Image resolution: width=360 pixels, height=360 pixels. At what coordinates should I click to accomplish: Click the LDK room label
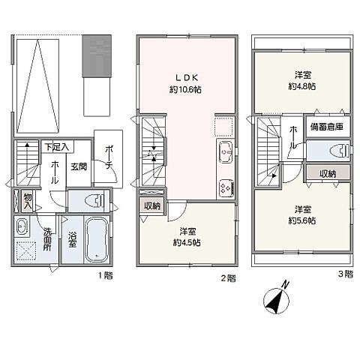pos(187,78)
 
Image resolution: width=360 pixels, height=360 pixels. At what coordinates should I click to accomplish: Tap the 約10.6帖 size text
pos(185,89)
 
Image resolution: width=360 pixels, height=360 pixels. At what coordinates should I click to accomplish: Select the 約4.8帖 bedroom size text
pos(302,86)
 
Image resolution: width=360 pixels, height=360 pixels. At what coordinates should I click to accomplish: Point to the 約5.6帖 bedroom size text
pos(302,220)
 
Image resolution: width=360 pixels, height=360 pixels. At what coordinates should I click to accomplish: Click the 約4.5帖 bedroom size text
pos(187,242)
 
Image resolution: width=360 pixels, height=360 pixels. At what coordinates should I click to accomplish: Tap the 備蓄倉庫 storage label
pos(326,127)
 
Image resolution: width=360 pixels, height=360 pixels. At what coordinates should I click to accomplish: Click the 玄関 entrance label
pos(79,166)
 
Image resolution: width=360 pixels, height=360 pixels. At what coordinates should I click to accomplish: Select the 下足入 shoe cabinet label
pos(57,147)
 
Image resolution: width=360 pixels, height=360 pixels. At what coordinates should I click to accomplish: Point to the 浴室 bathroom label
pos(72,239)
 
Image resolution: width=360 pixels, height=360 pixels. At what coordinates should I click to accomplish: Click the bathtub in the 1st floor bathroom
pos(97,239)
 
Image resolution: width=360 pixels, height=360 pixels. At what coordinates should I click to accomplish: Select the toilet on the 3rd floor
pos(339,151)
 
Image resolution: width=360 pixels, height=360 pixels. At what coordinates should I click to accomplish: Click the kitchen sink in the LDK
pos(226,151)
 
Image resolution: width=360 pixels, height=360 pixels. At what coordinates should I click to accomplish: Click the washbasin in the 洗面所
pos(21,226)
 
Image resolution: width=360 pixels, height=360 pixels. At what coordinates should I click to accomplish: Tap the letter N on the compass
pos(285,284)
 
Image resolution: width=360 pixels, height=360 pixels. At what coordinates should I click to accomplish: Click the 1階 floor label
pos(105,276)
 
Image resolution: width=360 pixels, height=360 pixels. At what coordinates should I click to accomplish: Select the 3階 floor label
pos(346,274)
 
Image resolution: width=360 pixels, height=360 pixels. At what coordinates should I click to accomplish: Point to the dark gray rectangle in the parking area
pos(97,55)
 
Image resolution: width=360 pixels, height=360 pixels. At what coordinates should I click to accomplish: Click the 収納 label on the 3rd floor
pos(328,174)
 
